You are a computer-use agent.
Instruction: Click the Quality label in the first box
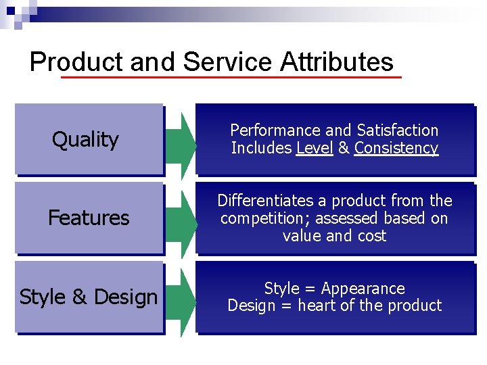[85, 140]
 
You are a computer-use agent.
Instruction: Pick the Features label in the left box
[89, 218]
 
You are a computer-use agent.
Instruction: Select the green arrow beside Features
[179, 218]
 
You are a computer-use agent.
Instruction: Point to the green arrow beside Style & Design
[179, 297]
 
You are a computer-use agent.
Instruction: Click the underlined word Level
[315, 148]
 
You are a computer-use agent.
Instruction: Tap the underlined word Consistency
[396, 148]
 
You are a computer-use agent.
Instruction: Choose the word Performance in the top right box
[275, 130]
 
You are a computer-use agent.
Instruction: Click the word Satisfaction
[398, 130]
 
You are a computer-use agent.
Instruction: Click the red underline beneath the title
[231, 78]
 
